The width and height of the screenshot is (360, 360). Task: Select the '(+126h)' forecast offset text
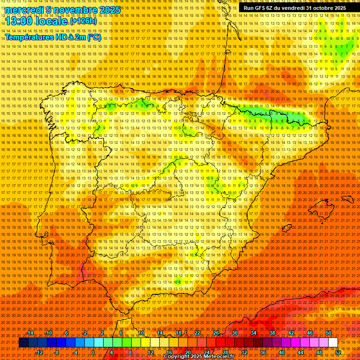[x=83, y=21]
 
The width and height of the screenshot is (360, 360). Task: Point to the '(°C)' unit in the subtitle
[x=94, y=37]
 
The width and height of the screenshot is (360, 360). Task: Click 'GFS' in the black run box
[x=261, y=8]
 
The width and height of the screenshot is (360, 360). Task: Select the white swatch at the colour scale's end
[x=333, y=343]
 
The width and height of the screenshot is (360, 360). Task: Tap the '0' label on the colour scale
[x=93, y=352]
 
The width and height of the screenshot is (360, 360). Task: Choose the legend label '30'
[x=234, y=333]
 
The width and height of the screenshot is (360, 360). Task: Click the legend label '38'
[x=272, y=333]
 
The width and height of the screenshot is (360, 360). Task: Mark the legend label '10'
[x=140, y=333]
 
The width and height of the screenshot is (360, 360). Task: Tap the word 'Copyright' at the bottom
[x=178, y=357]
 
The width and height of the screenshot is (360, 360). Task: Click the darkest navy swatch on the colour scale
[x=23, y=343]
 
